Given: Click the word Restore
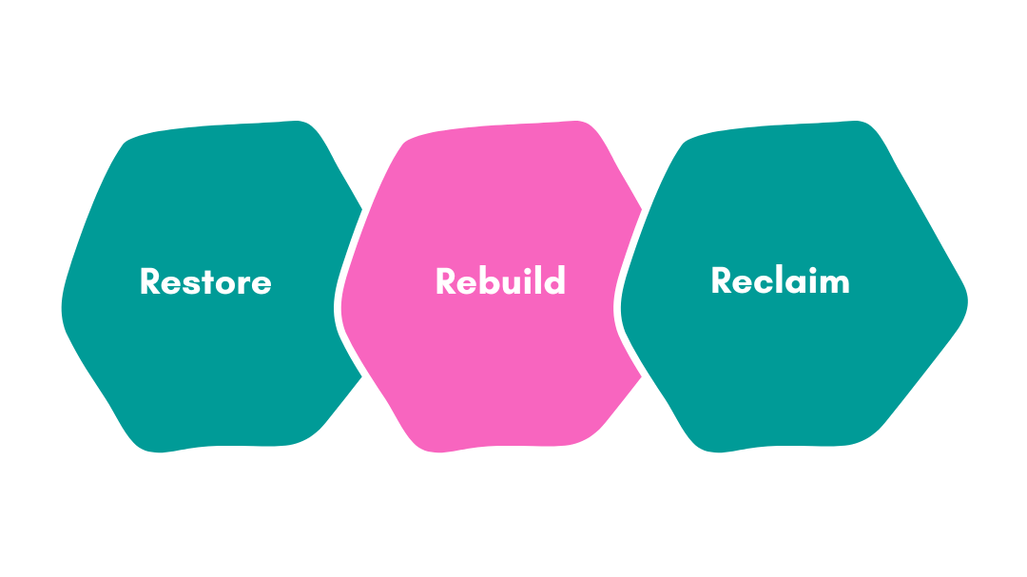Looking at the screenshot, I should [x=205, y=282].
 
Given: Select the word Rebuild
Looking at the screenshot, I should [x=500, y=281].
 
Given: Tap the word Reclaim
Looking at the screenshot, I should [x=780, y=280].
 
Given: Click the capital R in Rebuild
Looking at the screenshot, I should [x=446, y=281].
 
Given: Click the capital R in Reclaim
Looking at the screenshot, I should [x=722, y=280].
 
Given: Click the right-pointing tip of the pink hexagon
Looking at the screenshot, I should [x=643, y=207].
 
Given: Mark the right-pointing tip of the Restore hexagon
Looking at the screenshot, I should [x=362, y=208].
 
